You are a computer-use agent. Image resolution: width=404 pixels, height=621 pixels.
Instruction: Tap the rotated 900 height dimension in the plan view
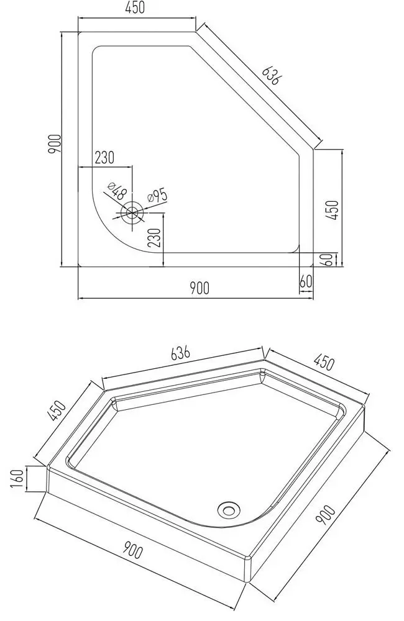55,144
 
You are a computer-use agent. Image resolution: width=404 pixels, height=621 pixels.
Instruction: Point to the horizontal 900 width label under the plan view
199,288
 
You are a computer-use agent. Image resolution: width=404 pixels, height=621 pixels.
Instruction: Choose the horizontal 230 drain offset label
104,158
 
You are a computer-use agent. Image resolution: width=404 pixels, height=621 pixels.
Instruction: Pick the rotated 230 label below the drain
156,237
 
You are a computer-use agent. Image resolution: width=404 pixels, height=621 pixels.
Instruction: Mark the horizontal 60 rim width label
305,281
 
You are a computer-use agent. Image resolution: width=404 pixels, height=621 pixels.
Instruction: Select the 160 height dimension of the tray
19,478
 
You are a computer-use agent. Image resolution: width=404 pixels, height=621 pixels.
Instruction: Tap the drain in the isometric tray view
227,510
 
